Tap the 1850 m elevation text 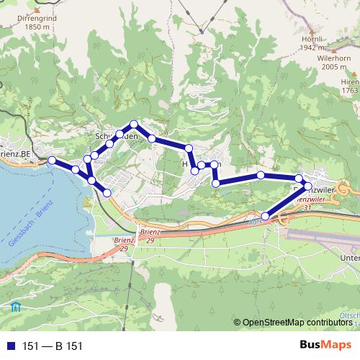21,27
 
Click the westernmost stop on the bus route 52,160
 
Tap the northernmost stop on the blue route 133,124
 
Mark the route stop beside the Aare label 265,216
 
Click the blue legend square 12,346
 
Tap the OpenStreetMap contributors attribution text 297,323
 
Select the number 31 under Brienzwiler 307,207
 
